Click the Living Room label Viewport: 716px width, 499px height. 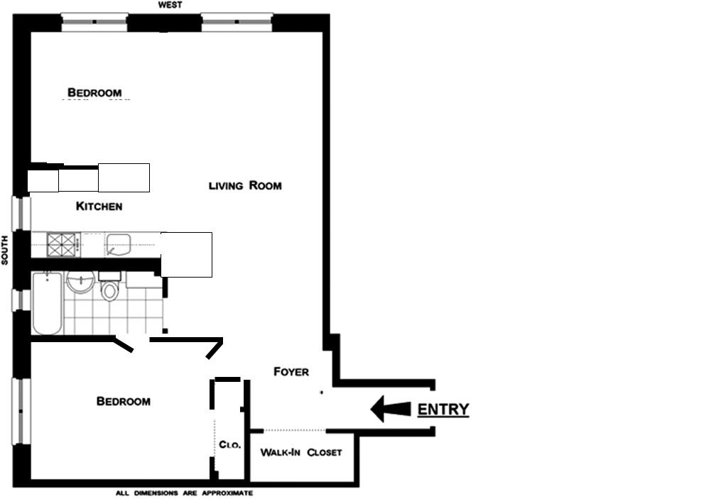[x=245, y=186]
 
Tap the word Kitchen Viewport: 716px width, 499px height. [x=99, y=207]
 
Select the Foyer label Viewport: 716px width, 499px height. [x=291, y=372]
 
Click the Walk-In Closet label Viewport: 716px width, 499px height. [x=300, y=452]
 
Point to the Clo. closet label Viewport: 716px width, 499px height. [x=229, y=446]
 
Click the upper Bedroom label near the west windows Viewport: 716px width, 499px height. [x=94, y=92]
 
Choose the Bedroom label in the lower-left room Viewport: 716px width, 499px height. [x=123, y=402]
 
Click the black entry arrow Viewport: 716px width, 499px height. [x=391, y=409]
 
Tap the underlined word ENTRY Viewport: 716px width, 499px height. [x=443, y=410]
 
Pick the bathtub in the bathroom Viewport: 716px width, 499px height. [x=46, y=304]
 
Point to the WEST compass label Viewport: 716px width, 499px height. [x=170, y=5]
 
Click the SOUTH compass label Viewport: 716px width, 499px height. [x=4, y=250]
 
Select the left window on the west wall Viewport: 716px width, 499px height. [x=94, y=21]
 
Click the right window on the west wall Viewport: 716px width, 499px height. [x=237, y=21]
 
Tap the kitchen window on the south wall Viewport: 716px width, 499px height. [x=21, y=213]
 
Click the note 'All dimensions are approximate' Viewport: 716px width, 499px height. [x=184, y=493]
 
